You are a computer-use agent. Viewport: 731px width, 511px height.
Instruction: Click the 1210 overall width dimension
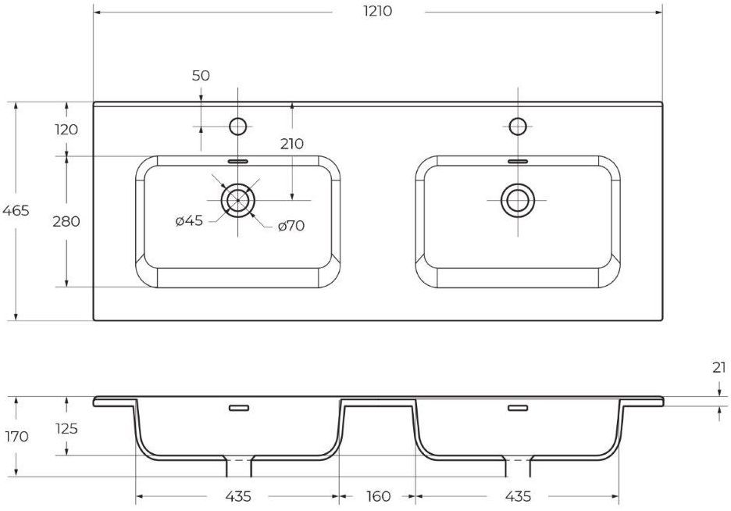point(378,11)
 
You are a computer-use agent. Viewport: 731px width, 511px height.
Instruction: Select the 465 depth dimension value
point(16,211)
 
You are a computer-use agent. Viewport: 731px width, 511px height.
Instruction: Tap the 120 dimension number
point(66,130)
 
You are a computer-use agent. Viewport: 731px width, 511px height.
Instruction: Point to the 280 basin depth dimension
point(66,221)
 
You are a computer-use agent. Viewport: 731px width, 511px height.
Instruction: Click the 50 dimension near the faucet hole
point(201,76)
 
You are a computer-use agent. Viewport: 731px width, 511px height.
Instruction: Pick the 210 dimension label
point(292,144)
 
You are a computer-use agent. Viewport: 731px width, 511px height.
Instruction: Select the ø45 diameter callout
point(189,220)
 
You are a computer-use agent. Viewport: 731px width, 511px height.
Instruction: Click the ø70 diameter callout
point(291,227)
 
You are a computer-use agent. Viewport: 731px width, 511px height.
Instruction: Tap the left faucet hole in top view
point(238,127)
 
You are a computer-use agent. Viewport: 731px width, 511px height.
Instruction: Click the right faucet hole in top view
point(518,127)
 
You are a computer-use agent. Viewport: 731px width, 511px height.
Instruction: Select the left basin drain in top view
point(238,200)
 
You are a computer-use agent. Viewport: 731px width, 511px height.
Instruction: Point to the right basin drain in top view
point(518,200)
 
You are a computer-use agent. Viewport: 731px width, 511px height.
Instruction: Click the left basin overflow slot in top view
point(238,161)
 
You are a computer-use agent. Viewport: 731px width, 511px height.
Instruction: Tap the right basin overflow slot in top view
point(518,161)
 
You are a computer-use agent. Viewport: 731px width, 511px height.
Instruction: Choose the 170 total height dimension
point(16,437)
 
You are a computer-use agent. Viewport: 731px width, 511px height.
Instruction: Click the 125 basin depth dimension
point(66,428)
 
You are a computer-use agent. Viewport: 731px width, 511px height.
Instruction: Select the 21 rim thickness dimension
point(719,368)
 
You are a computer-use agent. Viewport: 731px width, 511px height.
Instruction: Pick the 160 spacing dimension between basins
point(378,497)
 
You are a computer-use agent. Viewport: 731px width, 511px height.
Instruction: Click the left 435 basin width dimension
point(238,497)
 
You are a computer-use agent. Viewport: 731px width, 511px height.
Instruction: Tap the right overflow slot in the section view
point(518,409)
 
